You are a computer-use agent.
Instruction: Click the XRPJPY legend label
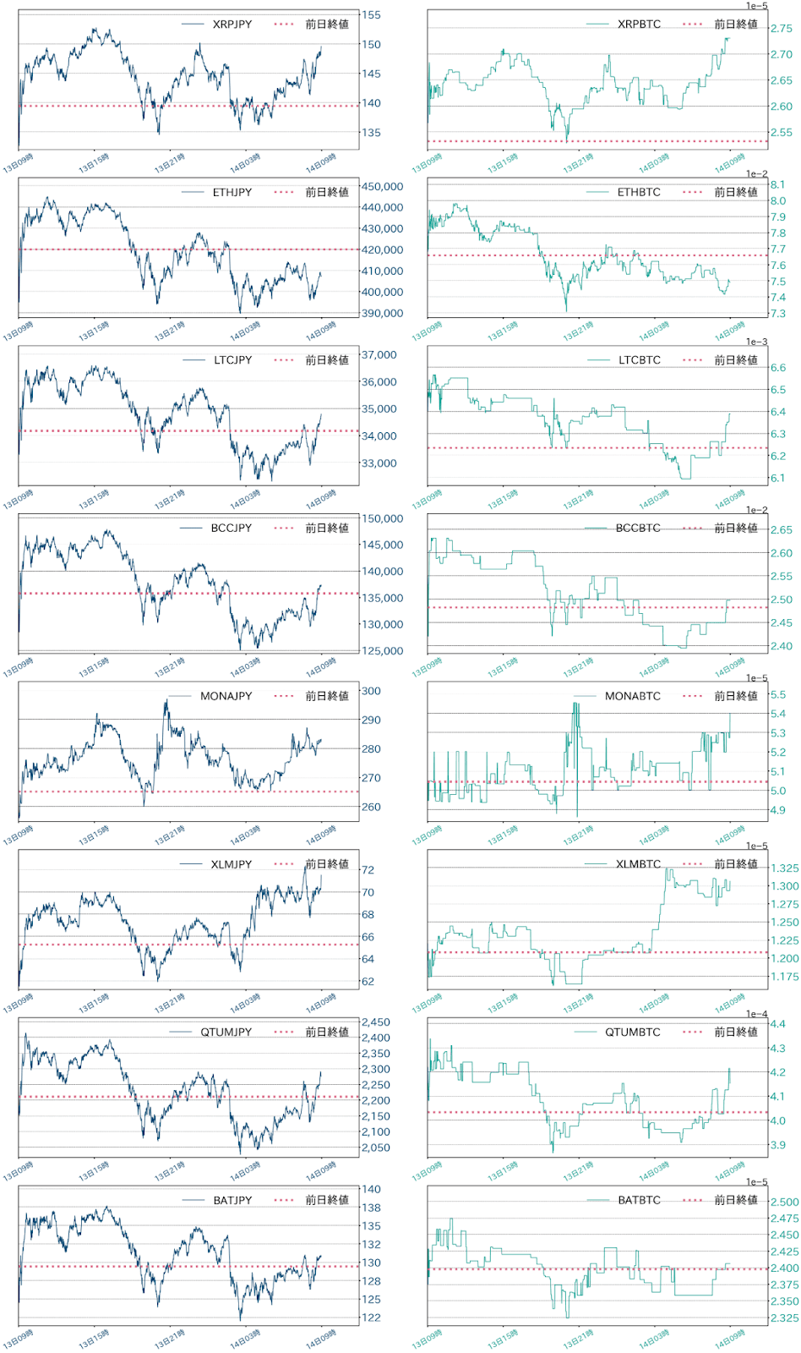point(232,25)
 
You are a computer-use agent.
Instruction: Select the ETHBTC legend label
point(639,193)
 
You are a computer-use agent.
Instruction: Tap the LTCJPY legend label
point(232,360)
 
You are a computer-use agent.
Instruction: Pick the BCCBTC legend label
point(638,529)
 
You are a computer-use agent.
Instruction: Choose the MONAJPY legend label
point(226,696)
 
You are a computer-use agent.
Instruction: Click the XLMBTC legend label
point(638,864)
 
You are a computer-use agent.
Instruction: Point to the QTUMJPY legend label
point(226,1033)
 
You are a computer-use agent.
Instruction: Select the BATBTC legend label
point(639,1201)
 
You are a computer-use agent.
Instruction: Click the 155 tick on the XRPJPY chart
point(371,15)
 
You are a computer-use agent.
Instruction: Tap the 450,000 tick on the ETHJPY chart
point(382,187)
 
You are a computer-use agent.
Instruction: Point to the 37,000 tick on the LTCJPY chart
point(379,355)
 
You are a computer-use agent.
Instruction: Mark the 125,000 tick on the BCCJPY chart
point(382,651)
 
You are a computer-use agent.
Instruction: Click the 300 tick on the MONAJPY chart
point(371,691)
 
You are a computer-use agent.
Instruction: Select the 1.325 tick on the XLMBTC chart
point(784,868)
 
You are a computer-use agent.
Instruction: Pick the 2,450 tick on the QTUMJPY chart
point(375,1022)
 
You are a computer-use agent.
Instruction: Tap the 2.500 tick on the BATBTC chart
point(784,1202)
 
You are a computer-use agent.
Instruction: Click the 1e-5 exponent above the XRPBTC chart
point(756,6)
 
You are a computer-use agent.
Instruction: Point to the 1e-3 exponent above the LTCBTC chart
point(756,342)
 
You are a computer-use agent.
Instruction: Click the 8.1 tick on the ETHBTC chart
point(777,184)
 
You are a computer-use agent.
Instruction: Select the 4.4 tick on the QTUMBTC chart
point(777,1024)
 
